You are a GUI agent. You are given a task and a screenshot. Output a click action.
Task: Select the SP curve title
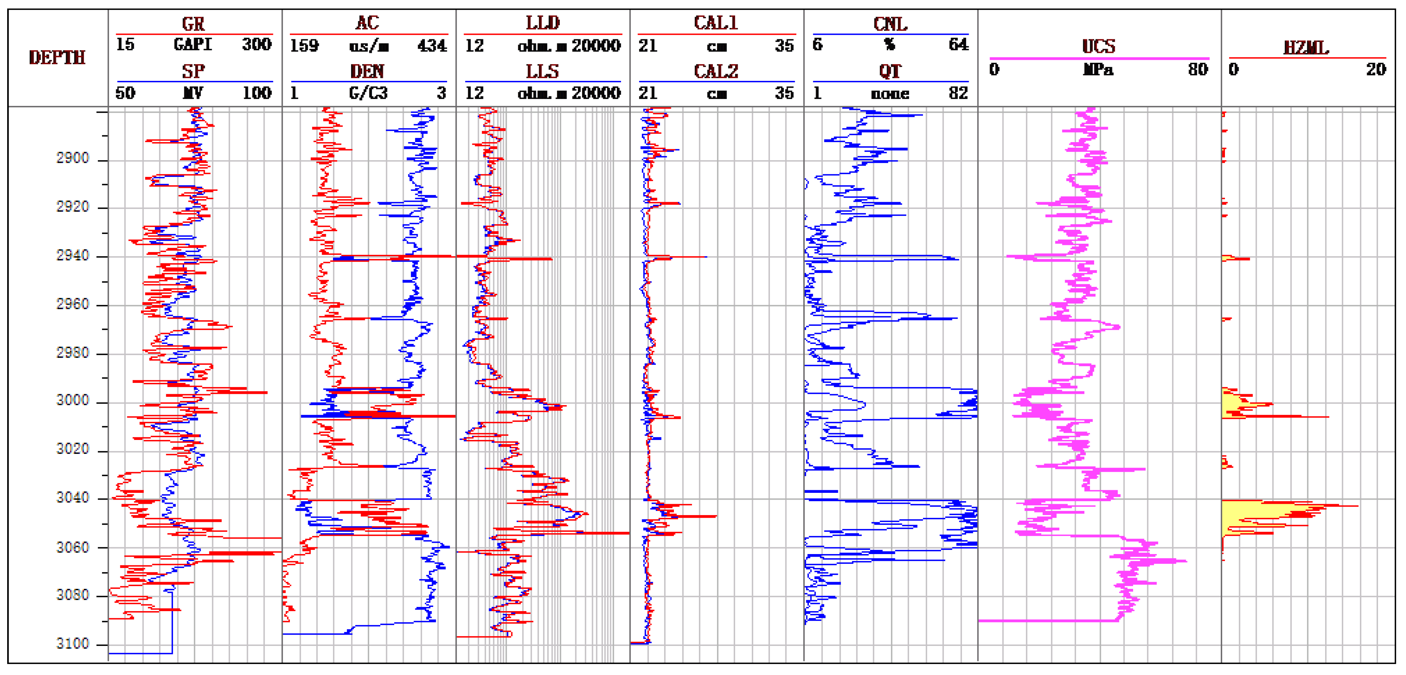(193, 71)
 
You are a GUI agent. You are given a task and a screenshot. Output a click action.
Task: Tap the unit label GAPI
(193, 44)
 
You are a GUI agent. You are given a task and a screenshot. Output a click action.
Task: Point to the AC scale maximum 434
(432, 45)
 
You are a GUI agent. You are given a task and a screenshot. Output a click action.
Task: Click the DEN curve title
(367, 71)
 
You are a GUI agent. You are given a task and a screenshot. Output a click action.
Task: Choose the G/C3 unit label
(368, 93)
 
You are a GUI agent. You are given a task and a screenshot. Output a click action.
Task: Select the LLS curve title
(542, 71)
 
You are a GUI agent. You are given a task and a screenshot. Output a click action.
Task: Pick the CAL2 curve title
(715, 71)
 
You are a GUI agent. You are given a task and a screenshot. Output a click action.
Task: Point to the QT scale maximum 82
(958, 93)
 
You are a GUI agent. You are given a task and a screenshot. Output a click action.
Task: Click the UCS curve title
(1098, 46)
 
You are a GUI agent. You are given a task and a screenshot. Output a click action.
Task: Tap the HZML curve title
(1306, 48)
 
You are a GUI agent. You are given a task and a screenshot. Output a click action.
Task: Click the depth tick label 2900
(73, 158)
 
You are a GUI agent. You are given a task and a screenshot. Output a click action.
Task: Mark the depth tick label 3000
(73, 401)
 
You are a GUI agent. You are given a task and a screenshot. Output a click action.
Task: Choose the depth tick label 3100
(73, 644)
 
